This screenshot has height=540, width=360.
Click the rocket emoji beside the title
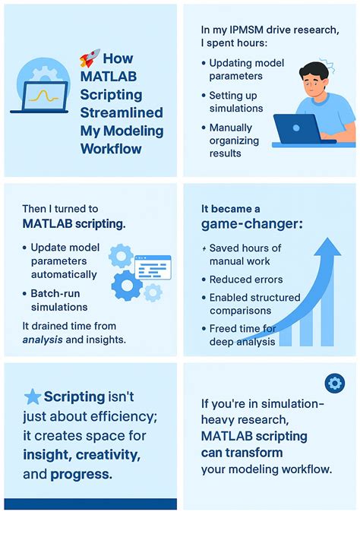[x=89, y=58]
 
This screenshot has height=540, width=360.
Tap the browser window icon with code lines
[x=153, y=267]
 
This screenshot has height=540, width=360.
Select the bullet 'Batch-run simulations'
[x=59, y=300]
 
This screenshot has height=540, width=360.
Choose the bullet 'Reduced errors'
[x=246, y=279]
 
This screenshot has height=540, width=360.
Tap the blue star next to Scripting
[x=33, y=396]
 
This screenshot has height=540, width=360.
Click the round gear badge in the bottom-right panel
[x=334, y=383]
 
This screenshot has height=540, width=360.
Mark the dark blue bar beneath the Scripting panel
[x=90, y=504]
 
